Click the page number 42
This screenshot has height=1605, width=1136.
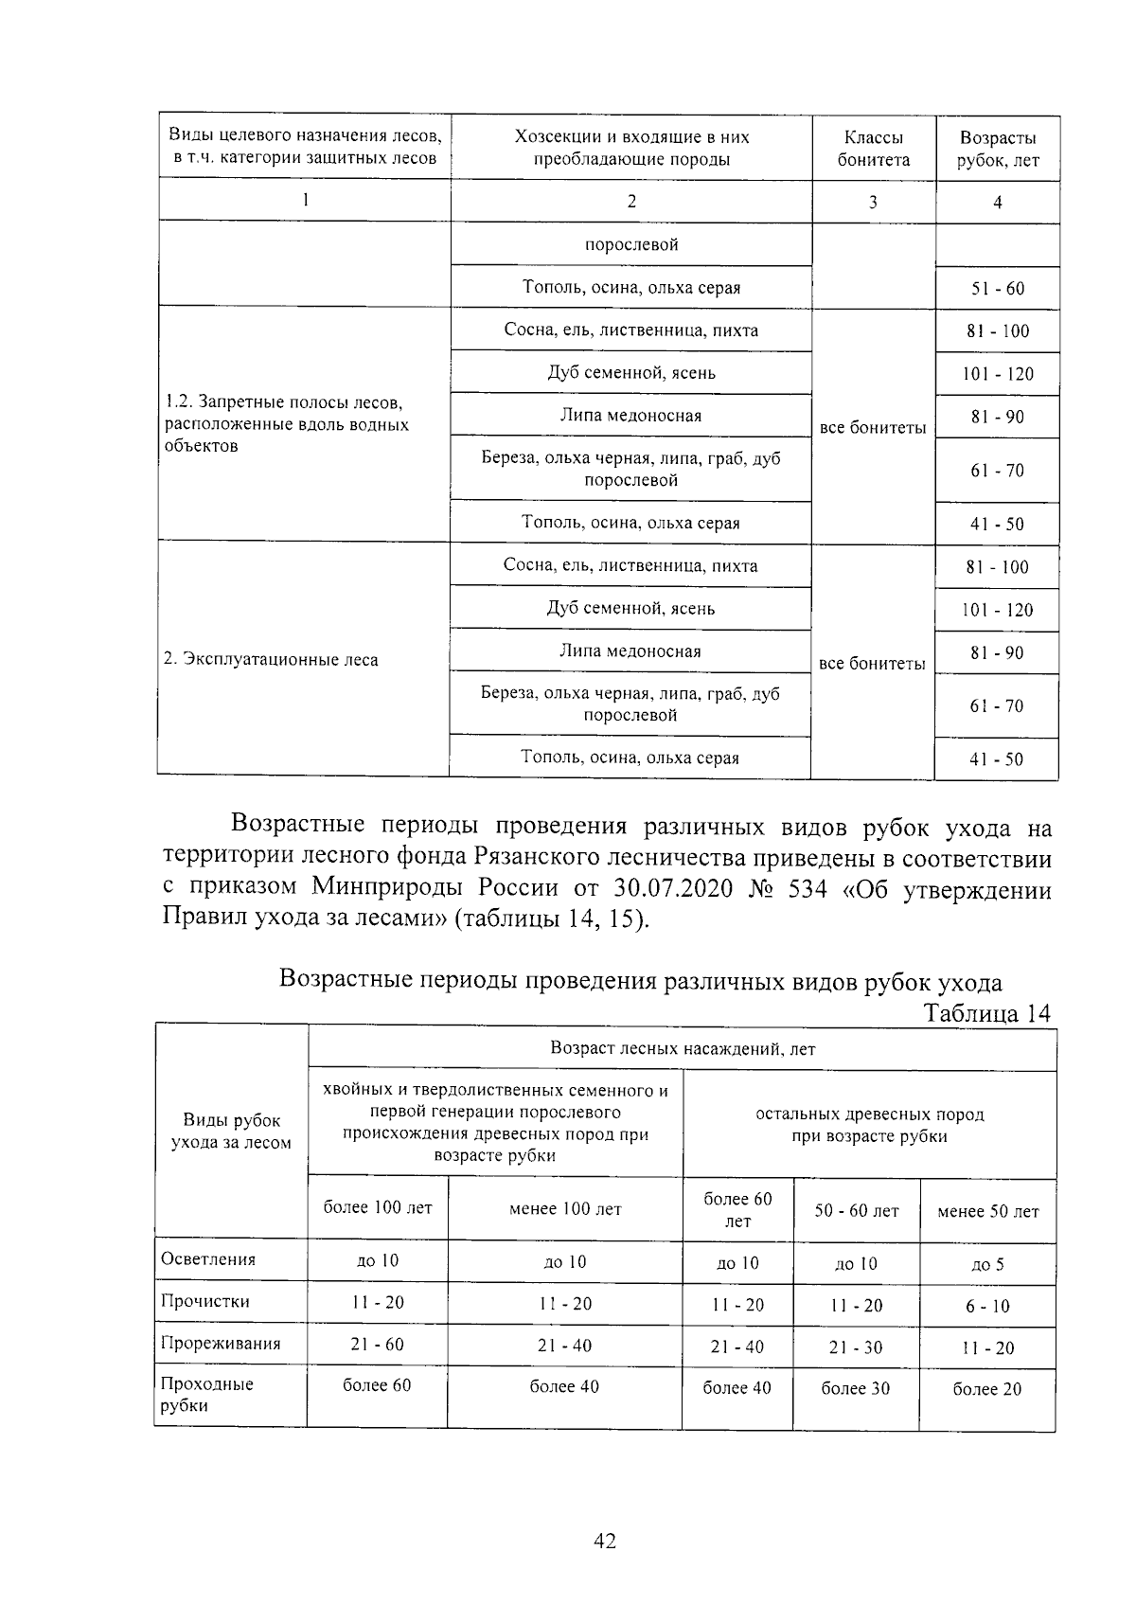click(x=604, y=1541)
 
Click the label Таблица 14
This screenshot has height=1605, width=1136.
click(x=986, y=1013)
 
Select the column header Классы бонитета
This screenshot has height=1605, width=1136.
click(x=873, y=149)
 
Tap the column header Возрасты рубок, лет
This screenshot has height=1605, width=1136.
click(x=997, y=149)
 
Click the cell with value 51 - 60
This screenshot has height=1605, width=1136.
click(x=997, y=289)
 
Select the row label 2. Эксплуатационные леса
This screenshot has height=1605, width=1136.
click(x=271, y=660)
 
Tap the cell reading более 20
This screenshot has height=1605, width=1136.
click(x=986, y=1389)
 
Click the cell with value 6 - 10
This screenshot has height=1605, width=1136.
click(x=986, y=1307)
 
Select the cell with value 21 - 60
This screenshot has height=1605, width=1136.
click(x=377, y=1345)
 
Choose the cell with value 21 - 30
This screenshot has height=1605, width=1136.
click(x=856, y=1347)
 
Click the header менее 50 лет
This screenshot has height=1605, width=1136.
click(x=987, y=1212)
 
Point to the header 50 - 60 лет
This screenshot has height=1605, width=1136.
click(x=857, y=1211)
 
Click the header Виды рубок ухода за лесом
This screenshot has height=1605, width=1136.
click(x=231, y=1132)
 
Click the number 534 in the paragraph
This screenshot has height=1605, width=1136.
click(x=808, y=889)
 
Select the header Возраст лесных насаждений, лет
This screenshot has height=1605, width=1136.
click(x=682, y=1049)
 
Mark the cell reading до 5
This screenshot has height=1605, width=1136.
click(x=986, y=1265)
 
